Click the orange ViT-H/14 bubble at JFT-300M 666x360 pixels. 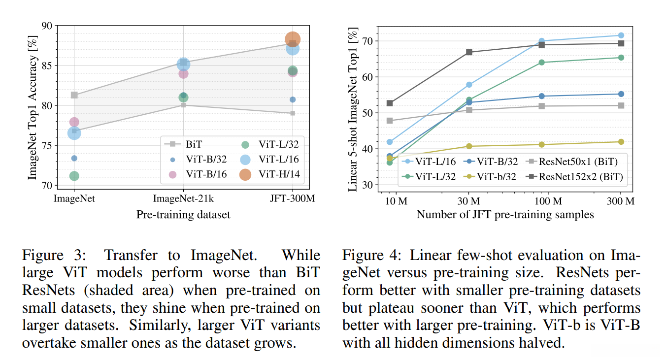(x=292, y=39)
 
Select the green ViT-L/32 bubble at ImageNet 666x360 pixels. (x=74, y=176)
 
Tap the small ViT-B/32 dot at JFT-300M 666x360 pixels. (x=293, y=99)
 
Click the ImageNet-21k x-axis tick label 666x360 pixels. (x=183, y=198)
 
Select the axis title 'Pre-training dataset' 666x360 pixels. (x=183, y=214)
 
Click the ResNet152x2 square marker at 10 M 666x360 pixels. (x=390, y=103)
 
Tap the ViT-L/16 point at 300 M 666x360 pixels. (x=621, y=35)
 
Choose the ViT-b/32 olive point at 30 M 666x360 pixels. (x=469, y=146)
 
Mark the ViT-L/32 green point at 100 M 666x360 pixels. (x=542, y=63)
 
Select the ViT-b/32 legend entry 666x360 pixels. (x=495, y=176)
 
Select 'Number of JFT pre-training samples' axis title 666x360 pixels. (x=505, y=214)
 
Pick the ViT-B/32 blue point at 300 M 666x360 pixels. (x=621, y=94)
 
